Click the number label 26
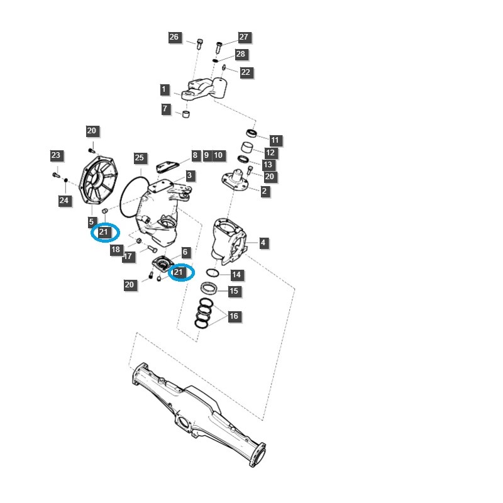point(174,38)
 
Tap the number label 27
point(244,37)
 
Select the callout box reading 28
point(240,55)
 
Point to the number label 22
point(245,72)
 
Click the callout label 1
point(164,89)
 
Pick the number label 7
point(165,109)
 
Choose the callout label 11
point(275,140)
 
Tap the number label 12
point(270,153)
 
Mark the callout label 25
point(140,158)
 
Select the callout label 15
point(233,291)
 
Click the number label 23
point(56,155)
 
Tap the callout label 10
point(218,155)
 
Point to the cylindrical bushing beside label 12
point(249,150)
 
